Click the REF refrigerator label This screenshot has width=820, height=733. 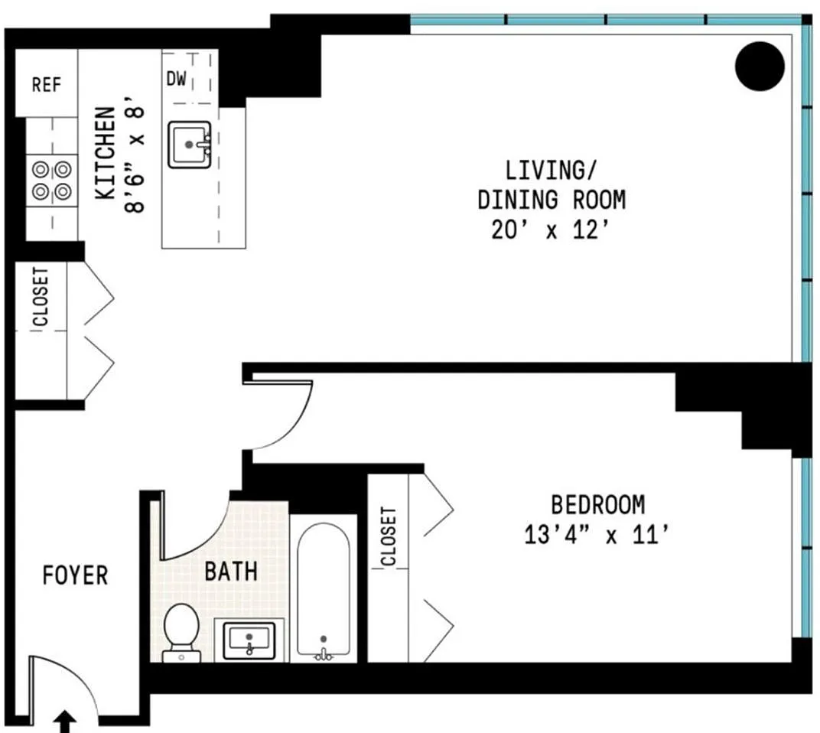47,84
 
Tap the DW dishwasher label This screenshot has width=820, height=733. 176,79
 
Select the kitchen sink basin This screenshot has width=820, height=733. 189,145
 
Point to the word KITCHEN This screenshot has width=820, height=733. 105,153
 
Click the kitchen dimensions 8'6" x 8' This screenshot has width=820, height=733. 135,153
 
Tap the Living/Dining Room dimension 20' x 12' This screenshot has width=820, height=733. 550,230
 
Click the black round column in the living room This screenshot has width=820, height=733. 760,67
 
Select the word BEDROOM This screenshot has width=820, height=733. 597,505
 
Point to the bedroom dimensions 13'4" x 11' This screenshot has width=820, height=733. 597,535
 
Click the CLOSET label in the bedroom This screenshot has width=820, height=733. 389,536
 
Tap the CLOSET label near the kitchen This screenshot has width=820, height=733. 41,297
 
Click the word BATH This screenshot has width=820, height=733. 231,572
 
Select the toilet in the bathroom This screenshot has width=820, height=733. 181,633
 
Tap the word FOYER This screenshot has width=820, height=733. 75,575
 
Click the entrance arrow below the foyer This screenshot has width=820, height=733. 65,722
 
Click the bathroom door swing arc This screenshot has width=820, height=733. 208,536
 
